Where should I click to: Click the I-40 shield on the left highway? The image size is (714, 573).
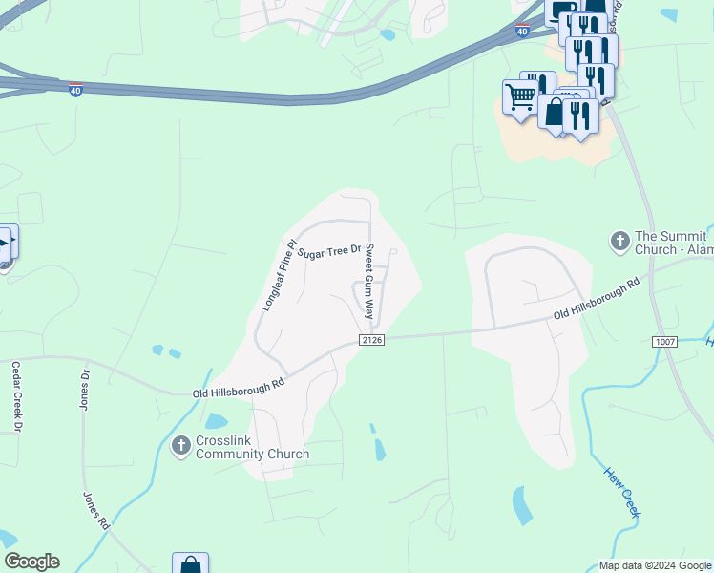click(75, 89)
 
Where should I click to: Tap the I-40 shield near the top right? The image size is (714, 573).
click(521, 31)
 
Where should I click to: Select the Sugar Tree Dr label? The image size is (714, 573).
click(329, 252)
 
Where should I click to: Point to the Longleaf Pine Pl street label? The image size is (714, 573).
click(280, 275)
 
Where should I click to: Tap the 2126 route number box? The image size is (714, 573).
click(371, 341)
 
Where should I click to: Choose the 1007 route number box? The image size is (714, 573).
click(664, 341)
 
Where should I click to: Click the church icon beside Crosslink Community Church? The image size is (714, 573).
click(180, 445)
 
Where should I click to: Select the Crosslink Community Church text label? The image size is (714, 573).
click(252, 448)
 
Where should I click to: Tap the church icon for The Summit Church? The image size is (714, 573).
click(619, 242)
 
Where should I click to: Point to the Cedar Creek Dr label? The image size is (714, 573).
click(16, 395)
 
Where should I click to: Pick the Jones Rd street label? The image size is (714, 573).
click(97, 512)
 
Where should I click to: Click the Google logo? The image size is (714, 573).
click(31, 562)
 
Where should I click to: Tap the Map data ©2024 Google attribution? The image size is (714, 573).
click(655, 565)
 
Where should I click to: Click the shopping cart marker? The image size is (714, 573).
click(519, 96)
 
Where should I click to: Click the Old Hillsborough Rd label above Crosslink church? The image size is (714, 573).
click(239, 387)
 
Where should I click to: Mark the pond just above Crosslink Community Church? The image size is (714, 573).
click(217, 421)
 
